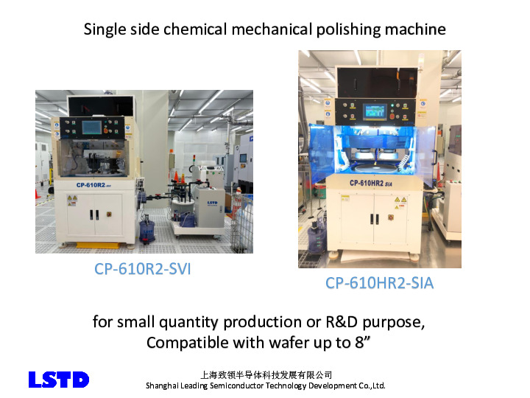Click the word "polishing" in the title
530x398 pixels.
(x=348, y=29)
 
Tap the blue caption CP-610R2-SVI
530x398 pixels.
(x=142, y=270)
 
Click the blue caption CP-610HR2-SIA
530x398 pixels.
(x=379, y=283)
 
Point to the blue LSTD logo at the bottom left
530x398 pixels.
(x=59, y=380)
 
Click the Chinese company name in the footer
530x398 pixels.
(x=266, y=375)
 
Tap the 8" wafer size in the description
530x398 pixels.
(x=362, y=343)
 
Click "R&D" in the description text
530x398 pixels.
(x=342, y=322)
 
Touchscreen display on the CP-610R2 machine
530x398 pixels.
(x=91, y=128)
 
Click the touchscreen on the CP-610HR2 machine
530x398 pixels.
(x=375, y=111)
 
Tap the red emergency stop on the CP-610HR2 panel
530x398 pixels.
(x=392, y=116)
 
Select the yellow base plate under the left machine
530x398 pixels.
(x=97, y=245)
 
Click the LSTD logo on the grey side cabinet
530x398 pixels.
(x=212, y=203)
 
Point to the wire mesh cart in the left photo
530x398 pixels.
(x=242, y=223)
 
